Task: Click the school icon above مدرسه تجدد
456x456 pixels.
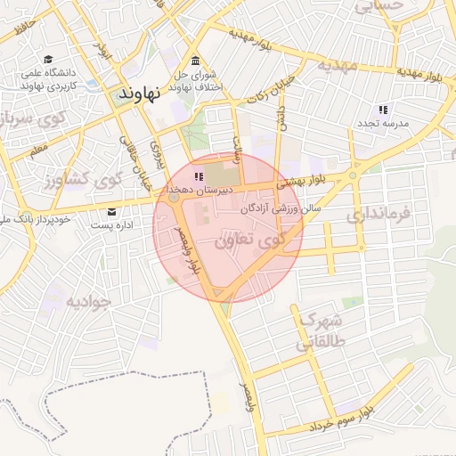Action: coord(383,110)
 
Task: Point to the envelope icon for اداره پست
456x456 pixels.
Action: coord(111,212)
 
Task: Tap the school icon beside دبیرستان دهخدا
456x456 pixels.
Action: coord(198,176)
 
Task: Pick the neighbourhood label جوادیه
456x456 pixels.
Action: coord(88,301)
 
